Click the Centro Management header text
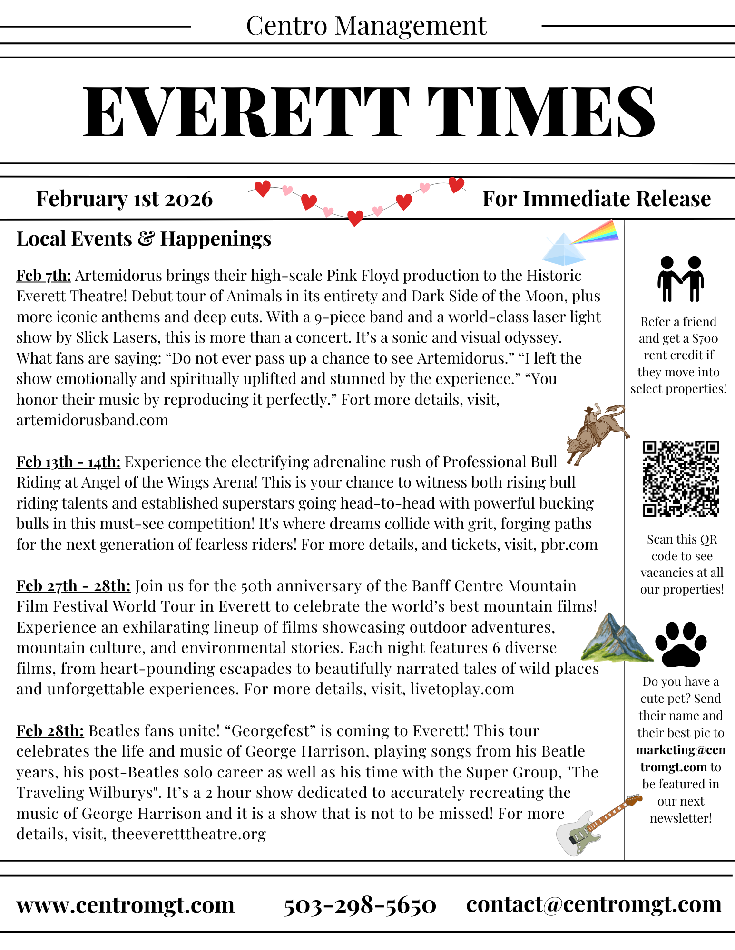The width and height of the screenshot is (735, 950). (366, 26)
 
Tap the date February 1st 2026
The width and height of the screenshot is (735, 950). (124, 199)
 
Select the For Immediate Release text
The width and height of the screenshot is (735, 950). (596, 199)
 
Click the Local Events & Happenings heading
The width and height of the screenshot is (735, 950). (144, 239)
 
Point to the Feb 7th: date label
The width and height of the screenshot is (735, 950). (44, 276)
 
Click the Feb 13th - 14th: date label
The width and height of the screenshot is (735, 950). (69, 462)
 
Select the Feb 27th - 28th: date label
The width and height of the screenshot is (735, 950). (73, 586)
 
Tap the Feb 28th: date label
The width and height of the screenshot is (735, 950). (50, 731)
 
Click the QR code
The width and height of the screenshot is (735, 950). (681, 479)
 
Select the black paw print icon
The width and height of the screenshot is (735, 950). (681, 644)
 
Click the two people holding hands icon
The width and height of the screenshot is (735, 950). (681, 279)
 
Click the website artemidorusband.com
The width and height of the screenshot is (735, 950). (92, 420)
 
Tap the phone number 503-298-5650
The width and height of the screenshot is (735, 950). (360, 905)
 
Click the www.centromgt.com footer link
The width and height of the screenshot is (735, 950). (125, 905)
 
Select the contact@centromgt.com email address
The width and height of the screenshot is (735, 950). (594, 904)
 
